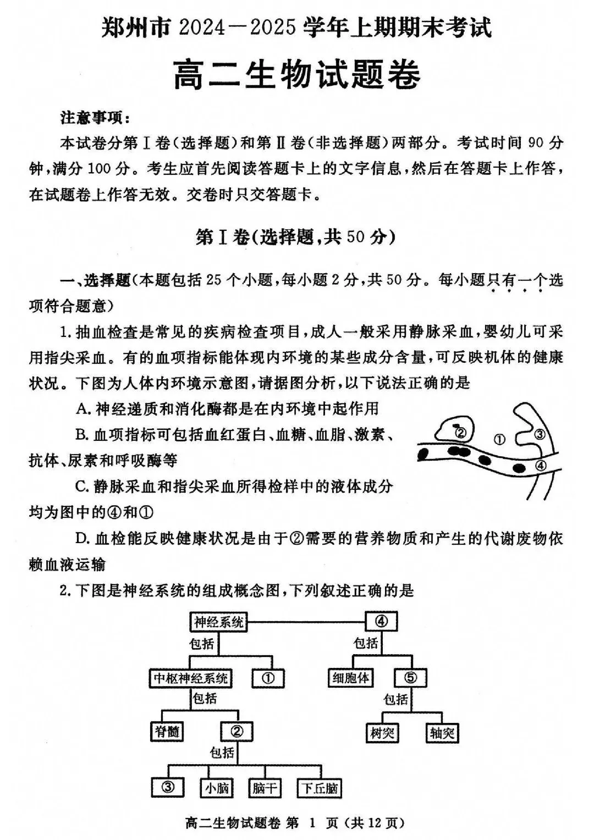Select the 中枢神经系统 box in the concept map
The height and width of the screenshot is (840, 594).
coord(190,678)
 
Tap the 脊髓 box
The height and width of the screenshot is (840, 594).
coord(167,732)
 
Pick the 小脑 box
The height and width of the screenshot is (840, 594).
coord(217,788)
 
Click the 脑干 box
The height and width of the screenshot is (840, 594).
coord(265,788)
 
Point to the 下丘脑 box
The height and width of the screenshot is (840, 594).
coord(319,788)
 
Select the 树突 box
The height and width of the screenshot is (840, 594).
coord(382,732)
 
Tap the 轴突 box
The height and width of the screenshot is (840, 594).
coord(442,732)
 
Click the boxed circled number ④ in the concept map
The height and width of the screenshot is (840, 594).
coord(382,622)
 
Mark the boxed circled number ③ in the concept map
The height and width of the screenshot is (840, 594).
coord(168,787)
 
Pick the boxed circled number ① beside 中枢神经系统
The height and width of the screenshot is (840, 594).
coord(269,678)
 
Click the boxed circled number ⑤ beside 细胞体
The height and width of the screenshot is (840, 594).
coord(410,678)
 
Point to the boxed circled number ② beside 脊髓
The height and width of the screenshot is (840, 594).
coord(237,732)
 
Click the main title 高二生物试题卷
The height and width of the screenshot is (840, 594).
coord(297,75)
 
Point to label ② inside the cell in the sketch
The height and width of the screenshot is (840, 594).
coord(461,433)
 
